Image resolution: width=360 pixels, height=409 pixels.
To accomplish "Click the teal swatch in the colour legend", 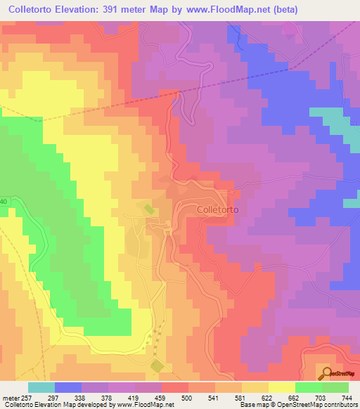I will click(41, 387).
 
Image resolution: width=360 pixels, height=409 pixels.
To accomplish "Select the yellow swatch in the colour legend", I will click(281, 387).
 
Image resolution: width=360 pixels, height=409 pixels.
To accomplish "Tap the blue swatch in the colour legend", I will click(68, 387).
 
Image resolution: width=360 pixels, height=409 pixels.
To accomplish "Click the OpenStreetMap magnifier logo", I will click(325, 375).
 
